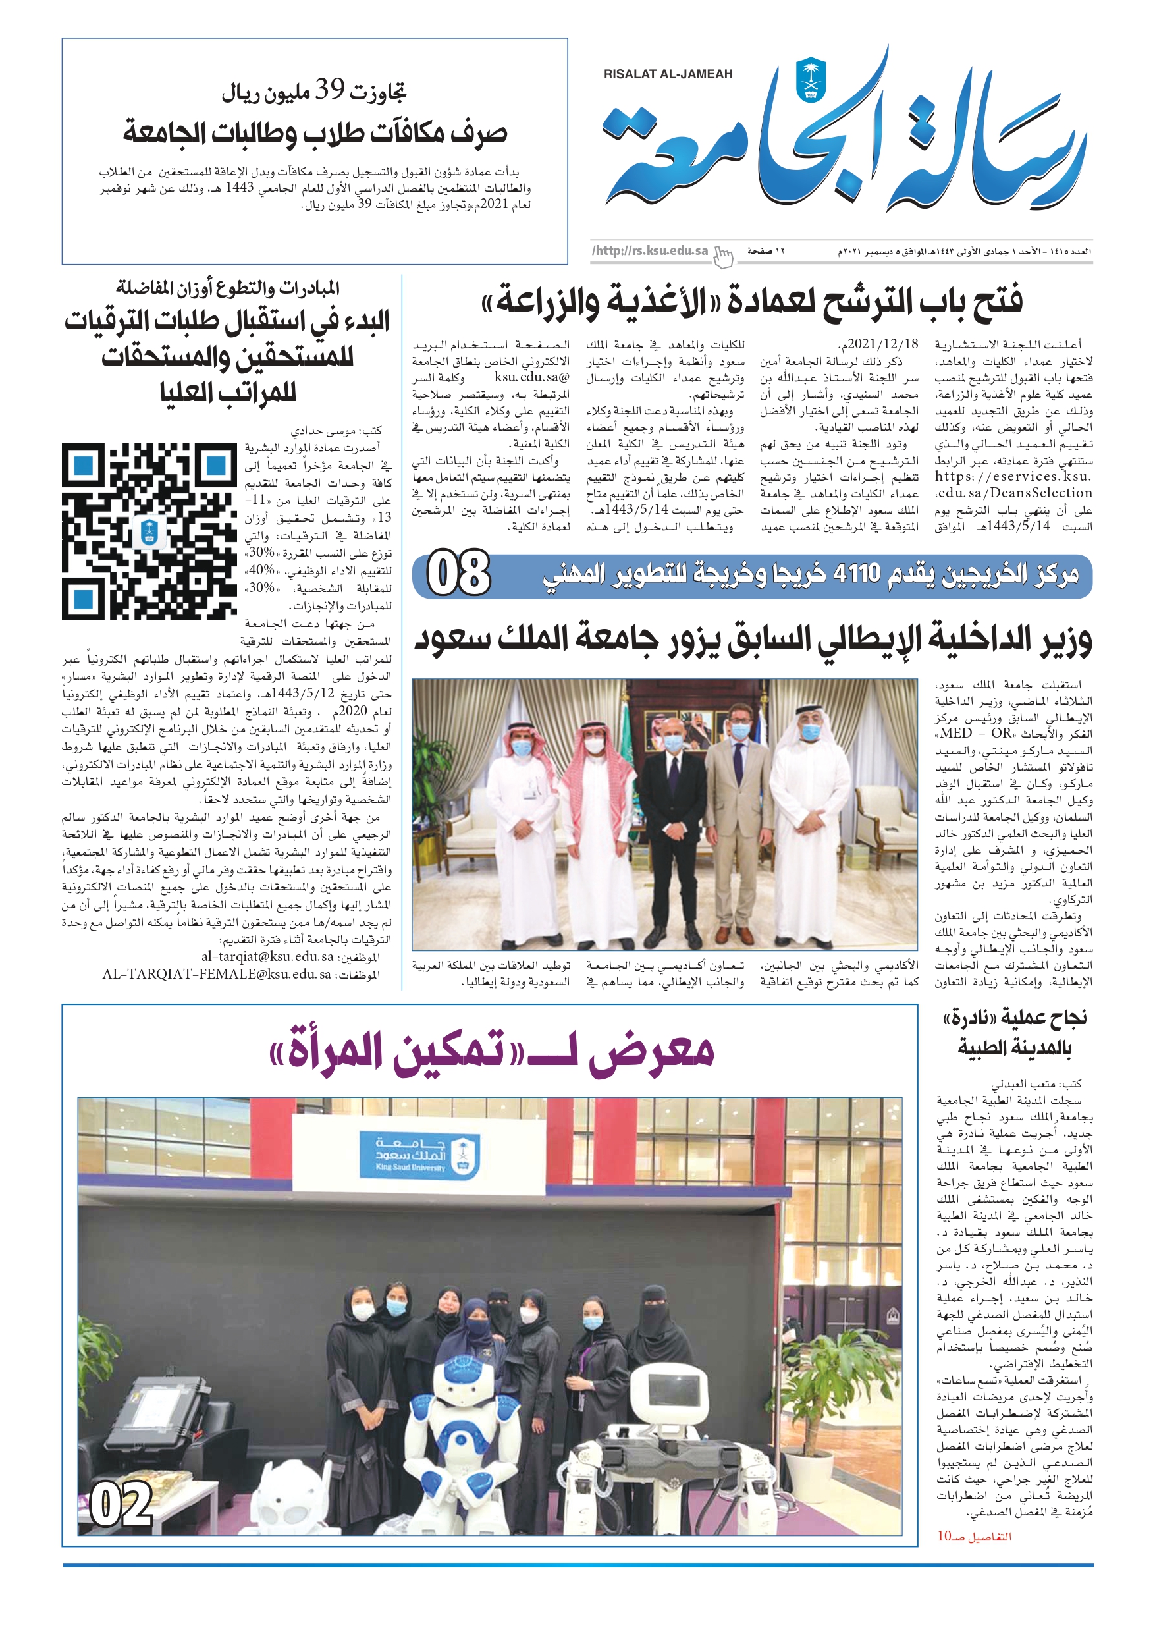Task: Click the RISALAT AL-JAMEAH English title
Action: tap(668, 74)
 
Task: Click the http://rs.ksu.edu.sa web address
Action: tap(650, 250)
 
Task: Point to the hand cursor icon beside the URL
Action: tap(723, 257)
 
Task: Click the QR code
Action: tap(149, 531)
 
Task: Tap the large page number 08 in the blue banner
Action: tap(459, 573)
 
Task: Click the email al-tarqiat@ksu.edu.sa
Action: tap(267, 956)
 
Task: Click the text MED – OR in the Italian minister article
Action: tap(975, 733)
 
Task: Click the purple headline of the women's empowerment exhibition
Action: tap(492, 1050)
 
